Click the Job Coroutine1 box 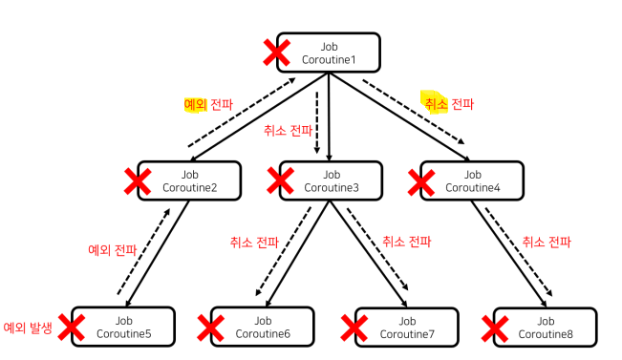tap(329, 53)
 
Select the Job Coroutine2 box tap(189, 180)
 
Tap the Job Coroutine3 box tap(331, 180)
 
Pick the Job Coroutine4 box tap(472, 180)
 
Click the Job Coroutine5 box tap(123, 327)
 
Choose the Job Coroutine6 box tap(262, 328)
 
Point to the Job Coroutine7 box tap(407, 328)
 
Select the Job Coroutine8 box tap(546, 328)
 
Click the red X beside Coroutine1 tap(276, 53)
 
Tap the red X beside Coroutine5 tap(72, 328)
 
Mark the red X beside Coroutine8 tap(495, 328)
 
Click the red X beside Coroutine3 tap(281, 180)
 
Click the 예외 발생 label tap(28, 328)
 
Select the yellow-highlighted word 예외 tap(195, 105)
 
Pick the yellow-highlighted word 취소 tap(436, 104)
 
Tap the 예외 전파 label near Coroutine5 tap(112, 250)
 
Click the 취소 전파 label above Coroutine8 tap(547, 242)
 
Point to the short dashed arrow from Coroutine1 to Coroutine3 tap(317, 122)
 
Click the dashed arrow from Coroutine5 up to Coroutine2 tap(144, 252)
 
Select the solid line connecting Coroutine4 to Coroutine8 tap(509, 254)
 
